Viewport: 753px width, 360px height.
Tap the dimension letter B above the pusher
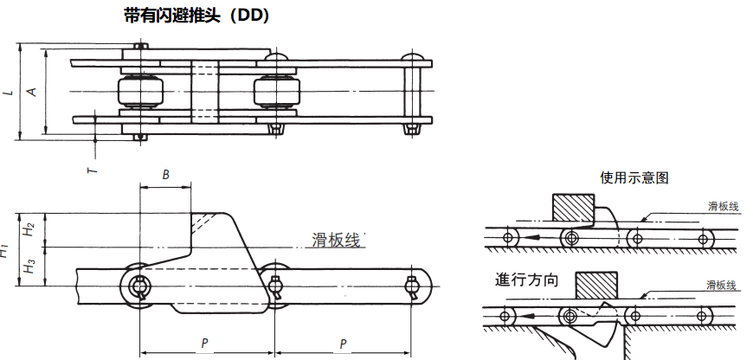(x=165, y=175)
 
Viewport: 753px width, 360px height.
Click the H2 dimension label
(x=29, y=229)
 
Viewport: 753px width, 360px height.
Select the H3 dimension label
(x=29, y=267)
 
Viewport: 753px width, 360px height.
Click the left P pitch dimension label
(x=204, y=344)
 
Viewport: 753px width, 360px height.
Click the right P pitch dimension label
(x=343, y=344)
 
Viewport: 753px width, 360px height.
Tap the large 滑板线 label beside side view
(x=335, y=241)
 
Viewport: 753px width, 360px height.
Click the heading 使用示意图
(x=634, y=177)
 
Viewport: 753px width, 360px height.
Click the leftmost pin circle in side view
(x=138, y=286)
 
